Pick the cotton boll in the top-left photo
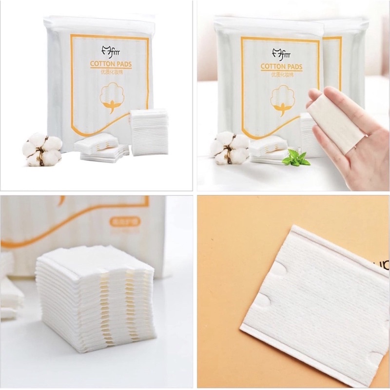43,147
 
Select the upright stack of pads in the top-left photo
149,132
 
